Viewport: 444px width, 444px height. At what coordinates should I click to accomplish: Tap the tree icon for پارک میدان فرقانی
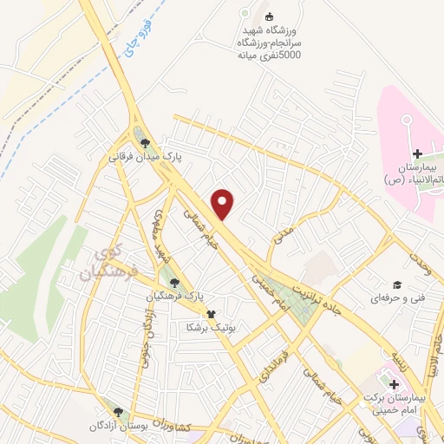click(x=144, y=143)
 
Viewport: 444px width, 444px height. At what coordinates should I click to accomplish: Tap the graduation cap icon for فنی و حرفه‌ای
click(x=396, y=284)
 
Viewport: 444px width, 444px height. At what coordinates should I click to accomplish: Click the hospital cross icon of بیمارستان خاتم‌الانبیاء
click(x=418, y=153)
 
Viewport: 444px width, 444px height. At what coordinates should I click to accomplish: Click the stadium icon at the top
click(x=268, y=16)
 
